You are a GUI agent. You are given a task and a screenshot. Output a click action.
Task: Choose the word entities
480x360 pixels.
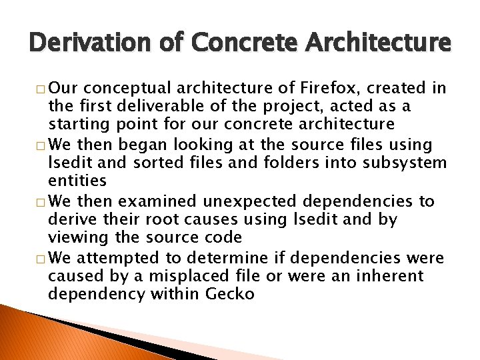point(77,180)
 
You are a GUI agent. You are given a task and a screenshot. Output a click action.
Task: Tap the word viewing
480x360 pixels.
point(75,237)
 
